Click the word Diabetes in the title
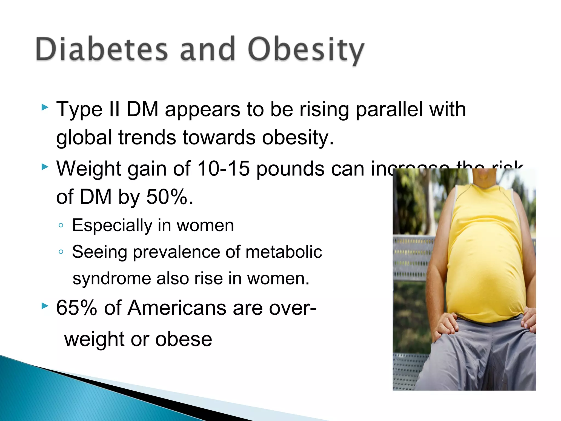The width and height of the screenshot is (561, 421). tap(101, 49)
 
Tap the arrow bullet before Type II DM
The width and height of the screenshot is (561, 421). tap(45, 107)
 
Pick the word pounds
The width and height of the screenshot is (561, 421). tap(290, 169)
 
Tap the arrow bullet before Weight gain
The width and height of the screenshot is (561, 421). tap(45, 167)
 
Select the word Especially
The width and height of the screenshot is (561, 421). tap(112, 226)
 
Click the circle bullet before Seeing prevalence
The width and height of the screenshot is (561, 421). tap(61, 252)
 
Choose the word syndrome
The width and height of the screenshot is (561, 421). tap(112, 279)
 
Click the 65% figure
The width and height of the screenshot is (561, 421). tap(76, 308)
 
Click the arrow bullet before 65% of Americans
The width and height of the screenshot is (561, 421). tap(45, 306)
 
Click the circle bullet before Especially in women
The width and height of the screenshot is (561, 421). tap(61, 226)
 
